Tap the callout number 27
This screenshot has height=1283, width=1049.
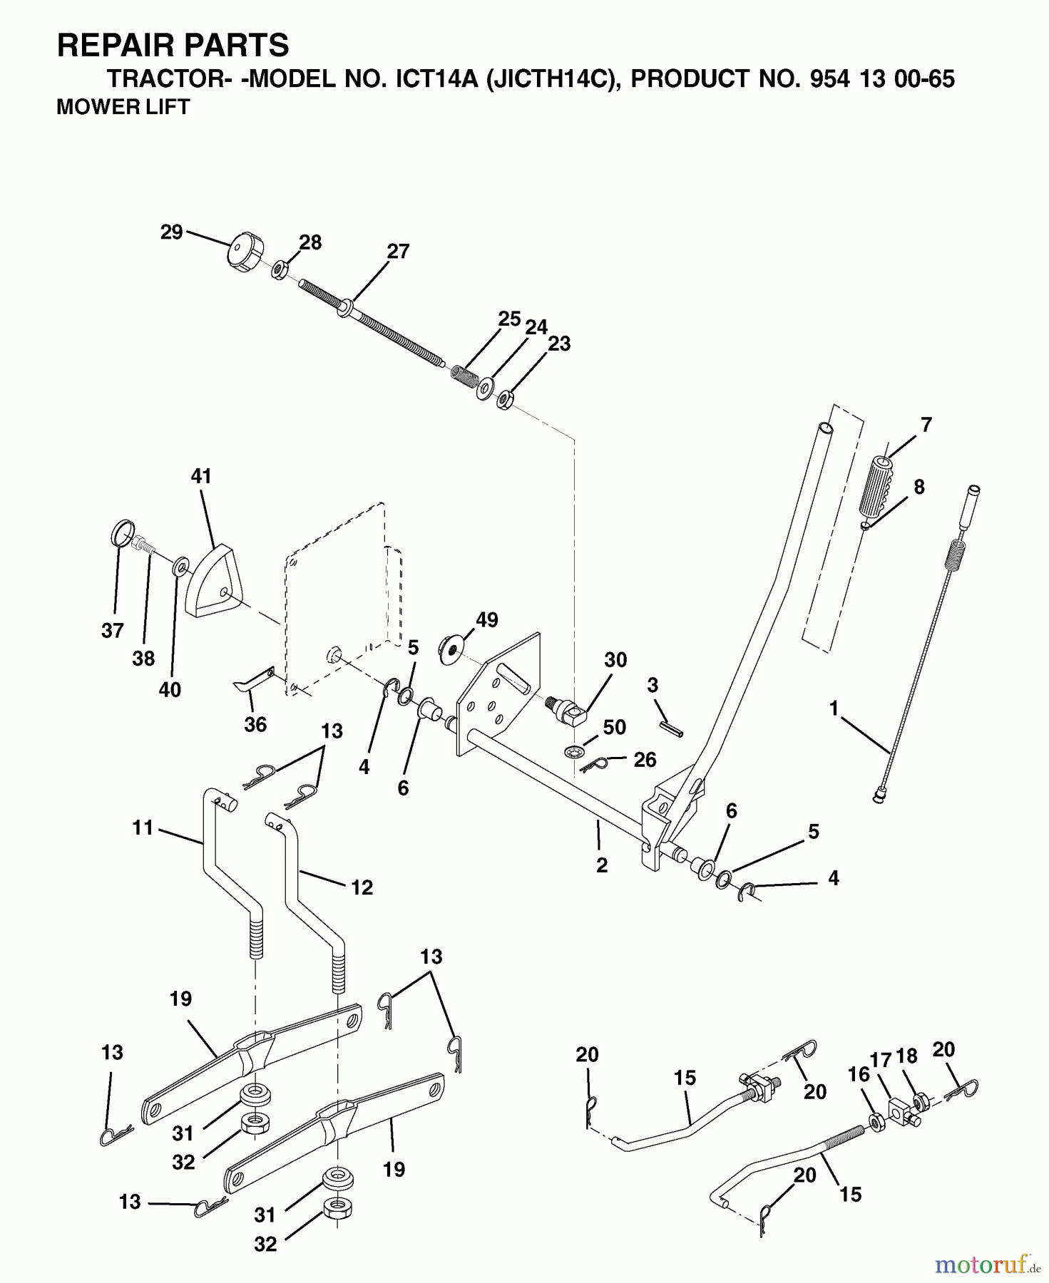coord(399,251)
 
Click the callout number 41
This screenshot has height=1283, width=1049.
coord(202,475)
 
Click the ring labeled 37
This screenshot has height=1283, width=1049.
coord(123,532)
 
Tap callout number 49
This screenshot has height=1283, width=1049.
coord(487,619)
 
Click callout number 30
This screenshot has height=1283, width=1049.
coord(615,659)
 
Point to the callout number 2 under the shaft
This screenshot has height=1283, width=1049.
coord(602,865)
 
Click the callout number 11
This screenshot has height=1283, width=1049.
coord(143,828)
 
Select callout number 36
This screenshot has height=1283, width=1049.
coord(255,724)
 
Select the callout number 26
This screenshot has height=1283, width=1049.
coord(645,760)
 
